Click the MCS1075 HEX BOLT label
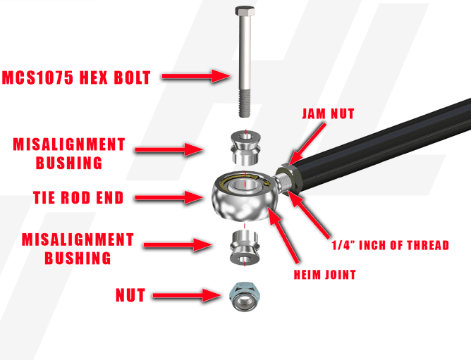(x=77, y=77)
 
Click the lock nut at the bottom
(x=244, y=297)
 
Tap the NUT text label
(x=130, y=296)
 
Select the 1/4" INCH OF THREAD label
(x=390, y=245)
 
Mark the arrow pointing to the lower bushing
(x=177, y=244)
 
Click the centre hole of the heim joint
(x=243, y=190)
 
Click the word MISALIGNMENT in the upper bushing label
(x=69, y=144)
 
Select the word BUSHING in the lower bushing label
(x=78, y=258)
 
